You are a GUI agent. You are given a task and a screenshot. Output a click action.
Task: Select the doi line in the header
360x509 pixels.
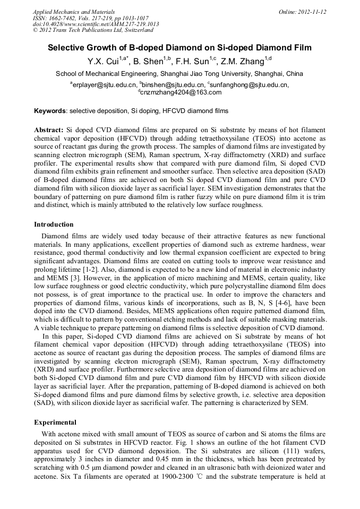[96, 24]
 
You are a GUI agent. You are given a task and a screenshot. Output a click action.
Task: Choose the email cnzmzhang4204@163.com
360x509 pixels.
[181, 92]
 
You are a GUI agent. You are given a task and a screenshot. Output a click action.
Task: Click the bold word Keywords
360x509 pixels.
[50, 111]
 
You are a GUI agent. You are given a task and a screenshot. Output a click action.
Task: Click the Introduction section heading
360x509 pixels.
[54, 225]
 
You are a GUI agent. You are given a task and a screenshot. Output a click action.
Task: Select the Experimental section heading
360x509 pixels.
[55, 422]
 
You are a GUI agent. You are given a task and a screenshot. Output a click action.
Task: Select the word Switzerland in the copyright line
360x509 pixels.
[134, 30]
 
